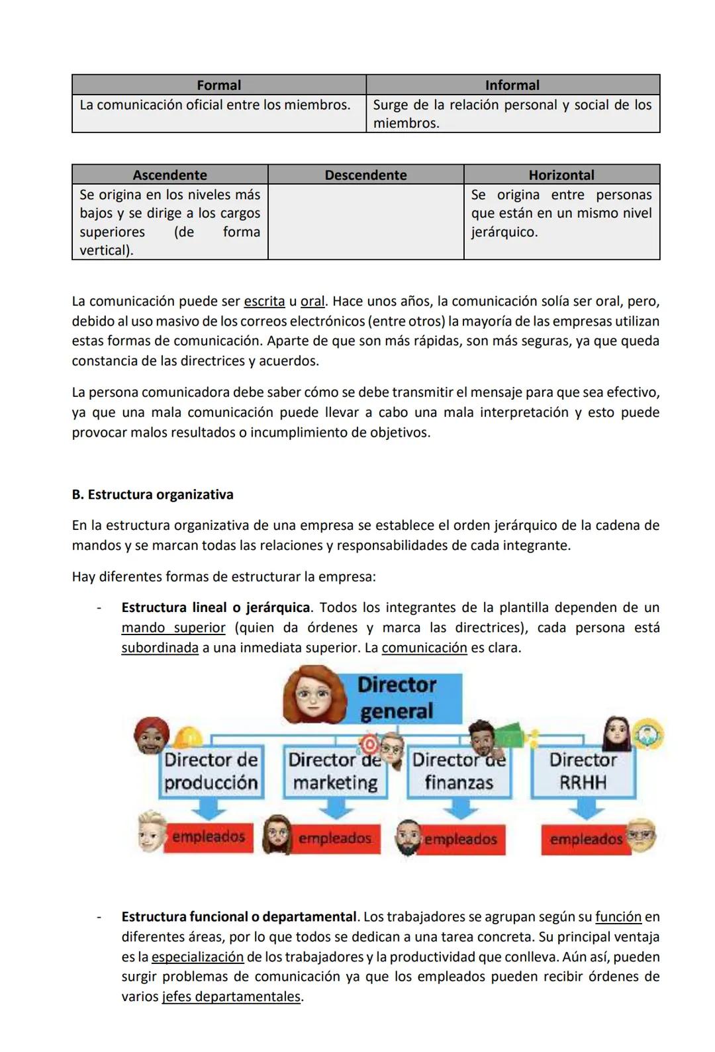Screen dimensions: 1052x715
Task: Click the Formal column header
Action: pos(218,85)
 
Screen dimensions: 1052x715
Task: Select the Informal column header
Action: pos(512,85)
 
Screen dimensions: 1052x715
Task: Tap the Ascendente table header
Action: pos(169,175)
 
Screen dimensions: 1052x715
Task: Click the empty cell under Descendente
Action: pos(365,221)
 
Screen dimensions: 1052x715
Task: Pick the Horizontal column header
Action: pos(561,175)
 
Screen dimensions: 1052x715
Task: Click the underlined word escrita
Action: pos(264,302)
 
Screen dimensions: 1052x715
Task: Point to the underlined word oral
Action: pos(312,302)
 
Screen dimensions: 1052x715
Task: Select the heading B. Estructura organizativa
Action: pos(152,495)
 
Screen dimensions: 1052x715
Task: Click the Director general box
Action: pos(397,698)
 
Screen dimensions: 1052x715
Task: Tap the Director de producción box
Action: pos(211,771)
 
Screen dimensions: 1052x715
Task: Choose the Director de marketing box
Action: pos(335,771)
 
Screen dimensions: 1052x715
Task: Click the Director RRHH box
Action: pos(583,771)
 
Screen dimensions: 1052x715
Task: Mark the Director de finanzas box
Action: pos(459,771)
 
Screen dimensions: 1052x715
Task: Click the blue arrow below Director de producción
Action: pos(209,808)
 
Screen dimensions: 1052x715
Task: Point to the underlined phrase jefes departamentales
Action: pos(231,997)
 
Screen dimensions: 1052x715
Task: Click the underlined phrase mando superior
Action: pos(173,628)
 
